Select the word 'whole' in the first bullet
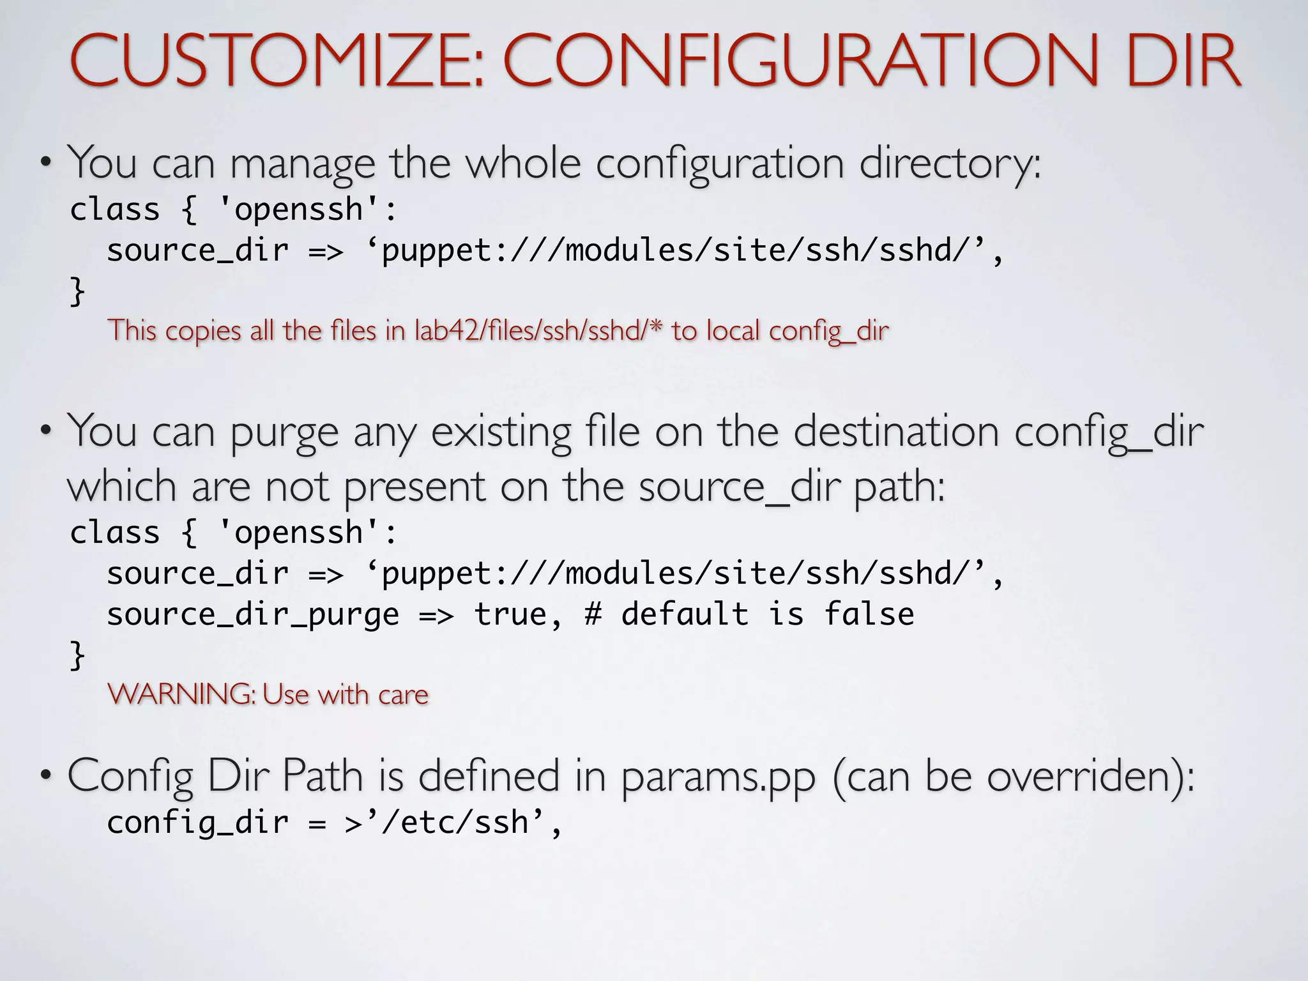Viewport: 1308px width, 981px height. (522, 163)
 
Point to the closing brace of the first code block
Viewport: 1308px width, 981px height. (77, 291)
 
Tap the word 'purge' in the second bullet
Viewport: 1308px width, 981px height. (284, 433)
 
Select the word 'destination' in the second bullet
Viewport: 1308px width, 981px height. (896, 432)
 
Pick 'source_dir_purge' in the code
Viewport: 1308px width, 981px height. (253, 615)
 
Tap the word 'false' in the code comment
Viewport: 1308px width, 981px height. (869, 614)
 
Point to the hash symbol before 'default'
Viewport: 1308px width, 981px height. (593, 614)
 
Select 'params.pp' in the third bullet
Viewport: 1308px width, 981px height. (718, 777)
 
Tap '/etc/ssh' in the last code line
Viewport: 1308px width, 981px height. (455, 823)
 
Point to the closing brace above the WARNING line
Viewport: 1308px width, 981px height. (77, 655)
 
